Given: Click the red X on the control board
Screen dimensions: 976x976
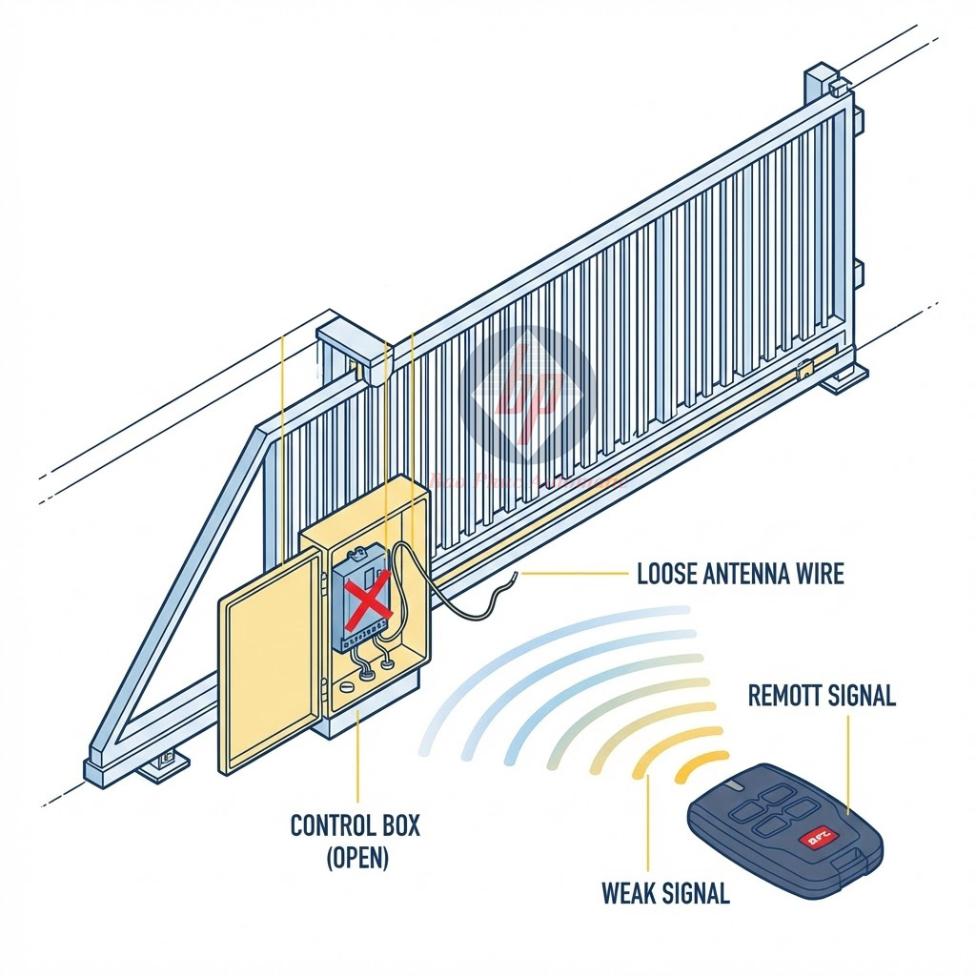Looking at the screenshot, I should (365, 601).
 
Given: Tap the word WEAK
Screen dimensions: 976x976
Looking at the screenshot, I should (632, 893).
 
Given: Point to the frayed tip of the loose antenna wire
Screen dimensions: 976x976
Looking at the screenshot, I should (514, 575).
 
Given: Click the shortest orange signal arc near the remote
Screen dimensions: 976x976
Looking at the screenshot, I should (701, 762).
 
